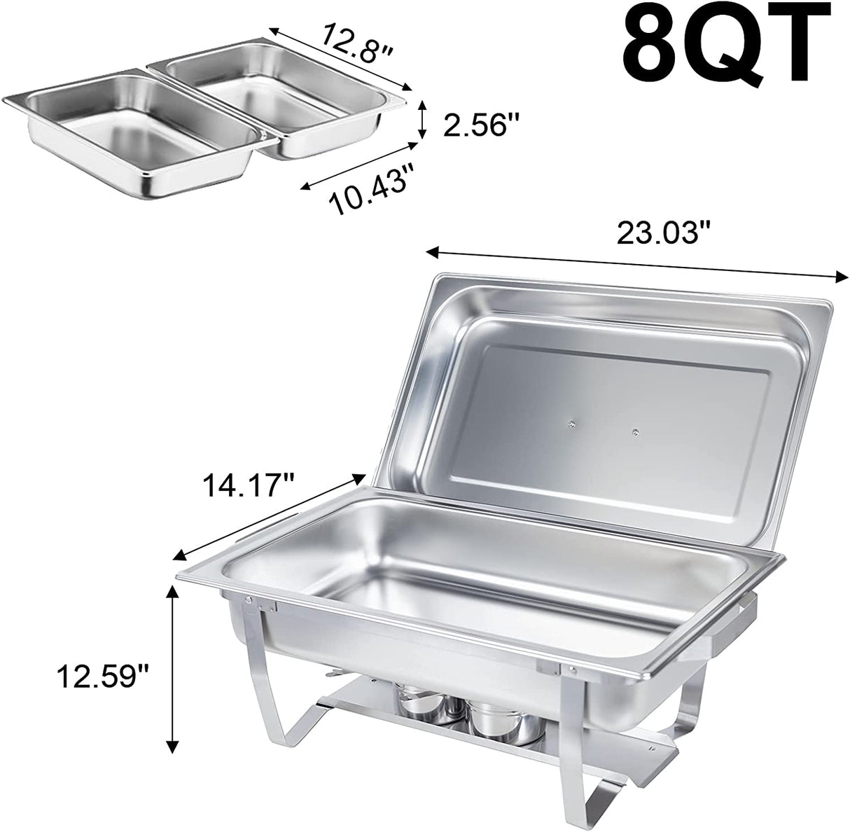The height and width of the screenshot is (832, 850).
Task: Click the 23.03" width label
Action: (x=662, y=233)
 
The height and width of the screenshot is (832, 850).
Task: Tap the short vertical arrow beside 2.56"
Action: (x=421, y=120)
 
